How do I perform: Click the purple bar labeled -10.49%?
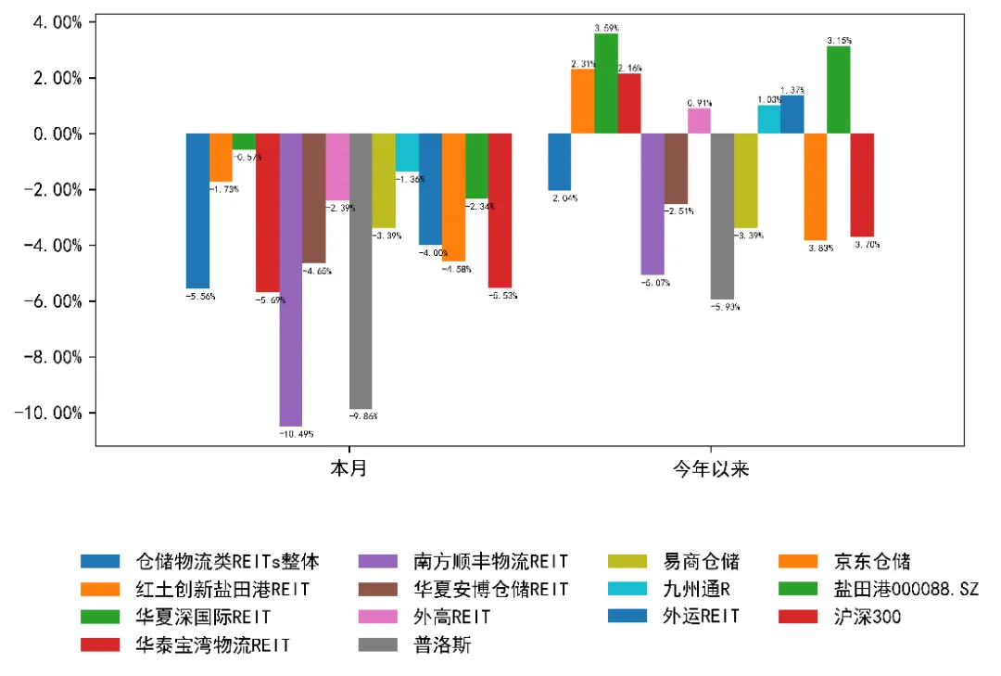(x=291, y=278)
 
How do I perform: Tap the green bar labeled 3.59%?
(x=606, y=83)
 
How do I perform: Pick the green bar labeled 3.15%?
(x=838, y=90)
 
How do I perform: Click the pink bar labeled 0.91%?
(x=699, y=121)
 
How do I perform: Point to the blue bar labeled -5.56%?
(x=197, y=210)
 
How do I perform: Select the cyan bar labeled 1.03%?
(x=768, y=120)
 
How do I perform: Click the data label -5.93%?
(x=725, y=307)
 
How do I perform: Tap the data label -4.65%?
(x=316, y=272)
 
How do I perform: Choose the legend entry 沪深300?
(x=868, y=617)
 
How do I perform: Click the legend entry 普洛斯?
(x=442, y=644)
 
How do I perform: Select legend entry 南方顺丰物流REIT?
(x=489, y=561)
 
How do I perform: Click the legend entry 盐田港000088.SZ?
(x=905, y=589)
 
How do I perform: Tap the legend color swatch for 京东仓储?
(x=795, y=561)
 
